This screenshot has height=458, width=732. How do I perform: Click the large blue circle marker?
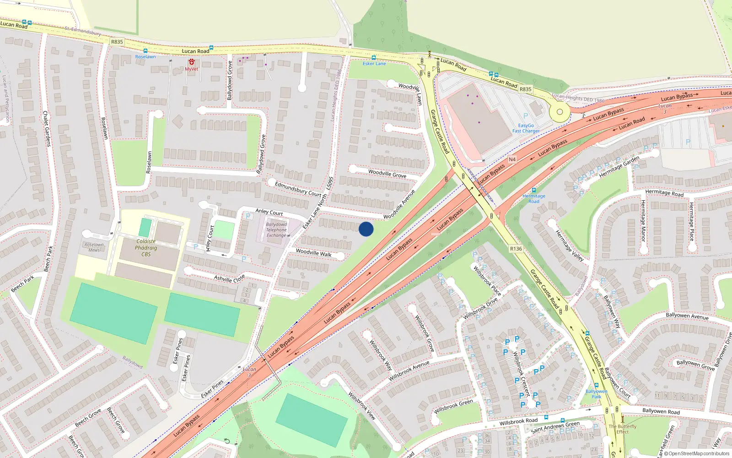[x=366, y=229]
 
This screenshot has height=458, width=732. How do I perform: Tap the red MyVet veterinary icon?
[x=191, y=62]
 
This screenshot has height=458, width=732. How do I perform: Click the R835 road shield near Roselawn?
[x=117, y=42]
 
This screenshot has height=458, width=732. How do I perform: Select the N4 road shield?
[x=512, y=159]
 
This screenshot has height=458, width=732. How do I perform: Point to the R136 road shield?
[x=516, y=249]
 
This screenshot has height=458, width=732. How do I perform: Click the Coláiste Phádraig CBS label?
[x=146, y=248]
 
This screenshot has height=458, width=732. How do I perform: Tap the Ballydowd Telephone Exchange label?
[x=276, y=230]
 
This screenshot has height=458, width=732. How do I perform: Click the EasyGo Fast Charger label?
[x=526, y=128]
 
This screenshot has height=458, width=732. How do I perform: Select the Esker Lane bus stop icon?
[x=374, y=58]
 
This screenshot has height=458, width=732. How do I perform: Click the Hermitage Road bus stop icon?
[x=533, y=190]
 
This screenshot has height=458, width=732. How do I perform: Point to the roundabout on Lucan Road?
[x=559, y=112]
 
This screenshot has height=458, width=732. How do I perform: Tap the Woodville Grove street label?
[x=387, y=173]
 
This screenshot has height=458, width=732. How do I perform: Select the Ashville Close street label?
[x=229, y=278]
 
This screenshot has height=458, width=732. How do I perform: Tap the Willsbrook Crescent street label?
[x=521, y=374]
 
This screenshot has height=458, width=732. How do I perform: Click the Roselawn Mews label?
[x=94, y=247]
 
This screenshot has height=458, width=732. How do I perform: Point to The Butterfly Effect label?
[x=622, y=429]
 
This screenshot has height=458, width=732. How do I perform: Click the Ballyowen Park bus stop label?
[x=597, y=394]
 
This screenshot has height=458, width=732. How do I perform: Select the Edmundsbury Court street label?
[x=298, y=189]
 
